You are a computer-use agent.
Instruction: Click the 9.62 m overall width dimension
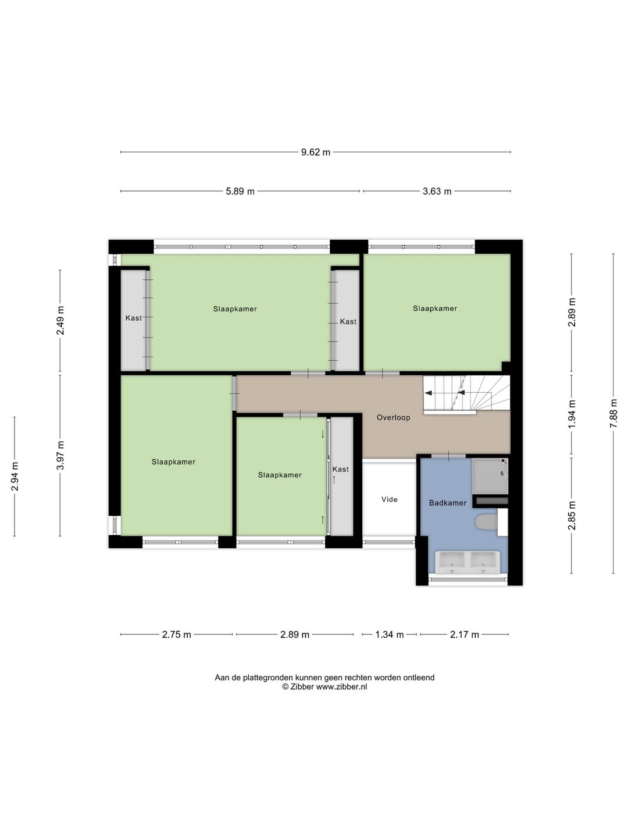316,152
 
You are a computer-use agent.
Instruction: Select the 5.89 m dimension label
240,191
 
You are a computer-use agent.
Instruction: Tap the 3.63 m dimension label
437,191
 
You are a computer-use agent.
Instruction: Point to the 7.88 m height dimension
613,413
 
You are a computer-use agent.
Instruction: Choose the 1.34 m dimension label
390,634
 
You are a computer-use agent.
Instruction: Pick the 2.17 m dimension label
465,634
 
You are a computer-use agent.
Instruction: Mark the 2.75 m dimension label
177,634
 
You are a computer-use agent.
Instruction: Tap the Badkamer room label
448,503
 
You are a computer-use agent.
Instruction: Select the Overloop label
394,418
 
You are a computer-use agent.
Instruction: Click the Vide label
390,499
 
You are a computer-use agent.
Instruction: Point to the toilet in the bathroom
487,522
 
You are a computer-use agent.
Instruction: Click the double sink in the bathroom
468,562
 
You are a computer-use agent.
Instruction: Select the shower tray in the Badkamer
490,475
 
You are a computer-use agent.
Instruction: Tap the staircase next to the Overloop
466,395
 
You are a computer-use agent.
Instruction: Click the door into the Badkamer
448,456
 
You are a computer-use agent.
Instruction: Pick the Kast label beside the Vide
341,469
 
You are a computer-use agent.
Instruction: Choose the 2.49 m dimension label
60,320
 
